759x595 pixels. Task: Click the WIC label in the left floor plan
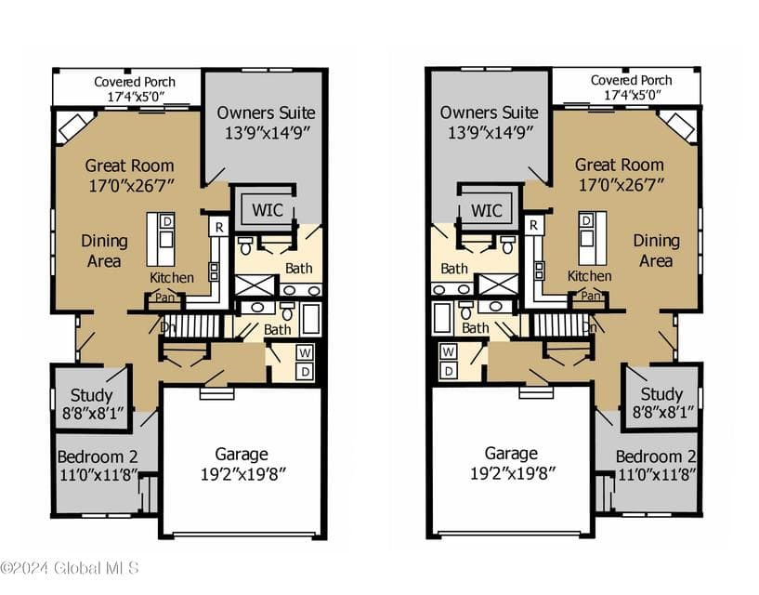268,210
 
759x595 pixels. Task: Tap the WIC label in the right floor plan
487,210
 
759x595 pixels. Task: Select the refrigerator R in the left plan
219,227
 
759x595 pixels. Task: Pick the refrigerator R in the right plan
533,225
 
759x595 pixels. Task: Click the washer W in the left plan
305,352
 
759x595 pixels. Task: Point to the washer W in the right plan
448,351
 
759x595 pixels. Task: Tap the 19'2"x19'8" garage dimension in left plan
243,474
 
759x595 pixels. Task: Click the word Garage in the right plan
511,454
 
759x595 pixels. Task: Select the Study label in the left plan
91,395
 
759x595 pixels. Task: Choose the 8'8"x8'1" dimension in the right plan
663,412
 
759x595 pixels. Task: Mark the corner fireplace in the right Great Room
677,126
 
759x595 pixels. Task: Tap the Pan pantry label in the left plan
164,297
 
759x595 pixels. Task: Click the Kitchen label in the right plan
590,276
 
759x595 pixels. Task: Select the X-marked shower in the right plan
498,284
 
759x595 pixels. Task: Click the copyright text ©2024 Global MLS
71,568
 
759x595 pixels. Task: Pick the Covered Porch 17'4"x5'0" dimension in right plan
632,95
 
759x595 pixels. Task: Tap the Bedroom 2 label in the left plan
98,456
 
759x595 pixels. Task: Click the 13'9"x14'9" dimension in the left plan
267,132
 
